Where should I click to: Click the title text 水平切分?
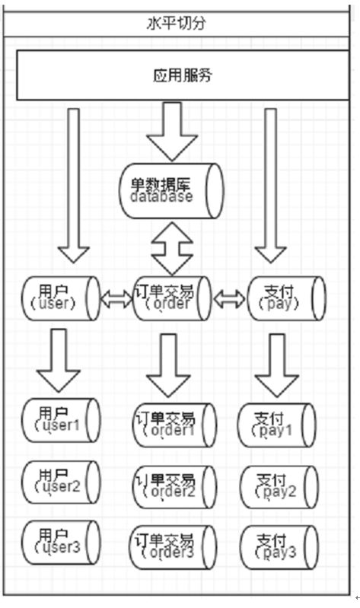pos(176,24)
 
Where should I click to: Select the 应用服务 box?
pos(183,75)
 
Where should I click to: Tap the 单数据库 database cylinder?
pos(171,191)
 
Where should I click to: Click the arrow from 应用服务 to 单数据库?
pos(172,132)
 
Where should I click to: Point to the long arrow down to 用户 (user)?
pos(73,186)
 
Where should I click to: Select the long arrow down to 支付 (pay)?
pos(270,186)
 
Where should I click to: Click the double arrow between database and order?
pos(172,248)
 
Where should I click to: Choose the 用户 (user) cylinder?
pos(61,298)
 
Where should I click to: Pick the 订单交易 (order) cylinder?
pos(172,298)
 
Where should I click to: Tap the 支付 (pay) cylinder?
pos(286,298)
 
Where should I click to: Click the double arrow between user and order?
pos(116,298)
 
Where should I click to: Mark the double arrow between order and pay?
pos(229,298)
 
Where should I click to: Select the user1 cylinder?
pos(61,420)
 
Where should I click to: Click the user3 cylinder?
pos(61,543)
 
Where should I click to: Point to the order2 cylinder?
pos(174,487)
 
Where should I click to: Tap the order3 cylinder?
pos(172,547)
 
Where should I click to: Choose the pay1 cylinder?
pos(276,425)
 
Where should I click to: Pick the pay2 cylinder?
pos(279,487)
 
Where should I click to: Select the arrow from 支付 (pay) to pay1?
pos(276,366)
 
